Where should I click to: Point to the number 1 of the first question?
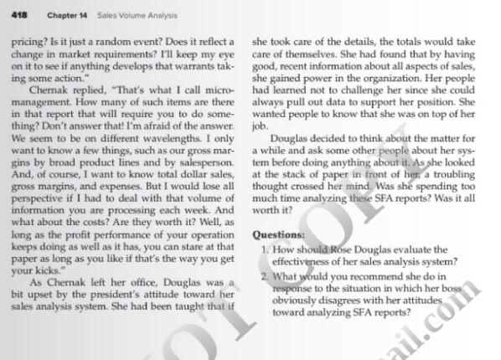tap(264, 249)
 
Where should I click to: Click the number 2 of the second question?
tap(264, 277)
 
